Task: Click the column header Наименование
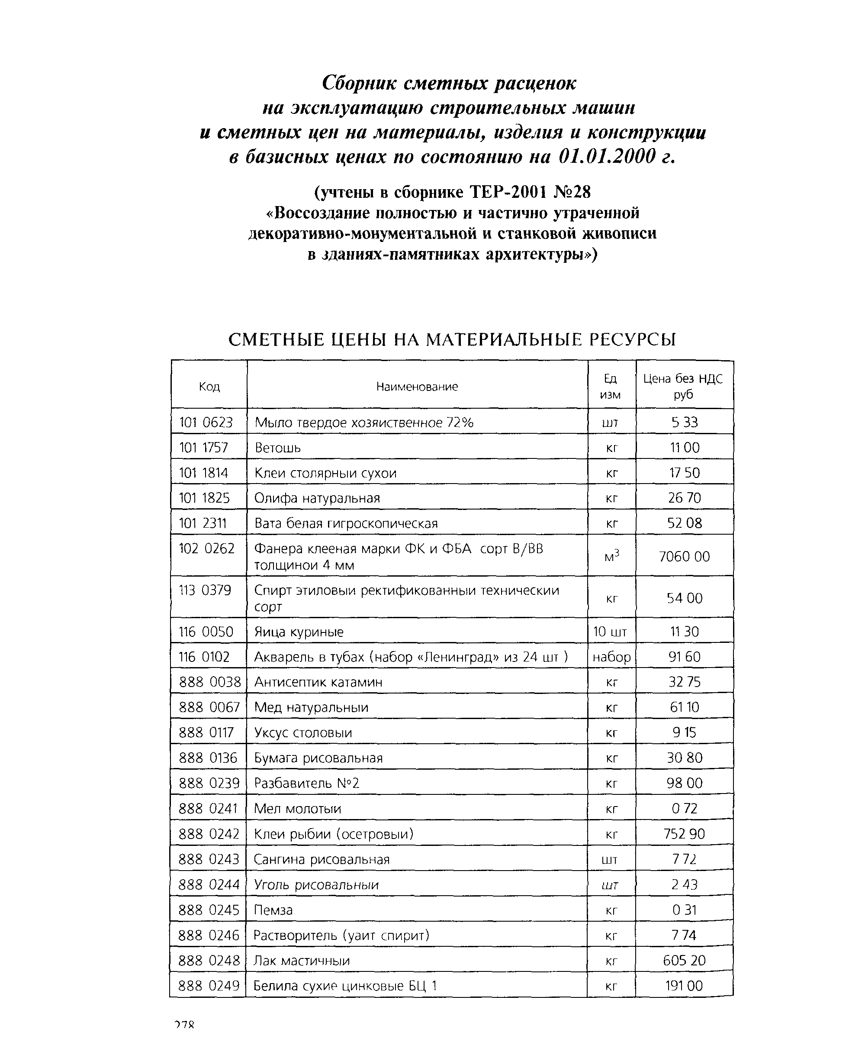(417, 387)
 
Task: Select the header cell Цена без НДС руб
(683, 386)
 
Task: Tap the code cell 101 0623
(206, 422)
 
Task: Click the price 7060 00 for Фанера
(684, 556)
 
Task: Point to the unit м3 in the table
(611, 556)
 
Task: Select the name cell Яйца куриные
(299, 632)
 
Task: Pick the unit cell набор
(611, 657)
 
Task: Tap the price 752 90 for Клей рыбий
(684, 834)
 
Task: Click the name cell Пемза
(273, 910)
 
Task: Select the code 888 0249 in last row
(209, 986)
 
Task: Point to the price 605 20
(684, 960)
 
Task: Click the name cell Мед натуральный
(311, 707)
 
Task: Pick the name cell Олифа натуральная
(317, 498)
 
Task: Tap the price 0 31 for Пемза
(684, 910)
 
